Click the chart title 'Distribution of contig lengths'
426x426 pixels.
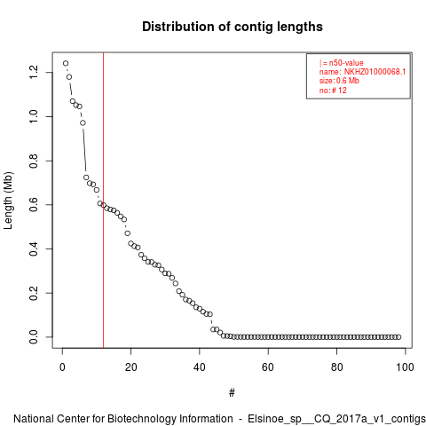click(x=233, y=27)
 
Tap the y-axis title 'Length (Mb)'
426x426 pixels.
click(x=8, y=201)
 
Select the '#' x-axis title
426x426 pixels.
click(x=232, y=393)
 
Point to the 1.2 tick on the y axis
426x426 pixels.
click(x=34, y=73)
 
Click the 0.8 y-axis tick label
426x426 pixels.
click(x=34, y=161)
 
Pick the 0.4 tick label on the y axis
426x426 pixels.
click(x=34, y=248)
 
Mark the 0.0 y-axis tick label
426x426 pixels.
click(x=34, y=337)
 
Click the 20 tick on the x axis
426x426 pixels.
click(x=130, y=367)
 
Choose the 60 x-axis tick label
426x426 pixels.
click(x=268, y=367)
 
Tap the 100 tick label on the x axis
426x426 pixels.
click(x=405, y=367)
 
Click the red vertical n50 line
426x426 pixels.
click(x=103, y=201)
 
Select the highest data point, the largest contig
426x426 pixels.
click(x=66, y=63)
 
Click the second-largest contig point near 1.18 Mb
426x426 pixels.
click(x=69, y=77)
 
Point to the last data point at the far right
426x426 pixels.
click(x=398, y=337)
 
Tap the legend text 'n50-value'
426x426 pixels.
click(x=346, y=63)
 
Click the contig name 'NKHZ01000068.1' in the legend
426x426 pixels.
click(x=375, y=72)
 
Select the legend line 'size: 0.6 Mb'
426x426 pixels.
click(x=339, y=81)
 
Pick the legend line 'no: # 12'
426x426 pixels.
click(x=333, y=90)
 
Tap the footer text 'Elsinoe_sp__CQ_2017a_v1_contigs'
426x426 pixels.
click(x=336, y=419)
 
